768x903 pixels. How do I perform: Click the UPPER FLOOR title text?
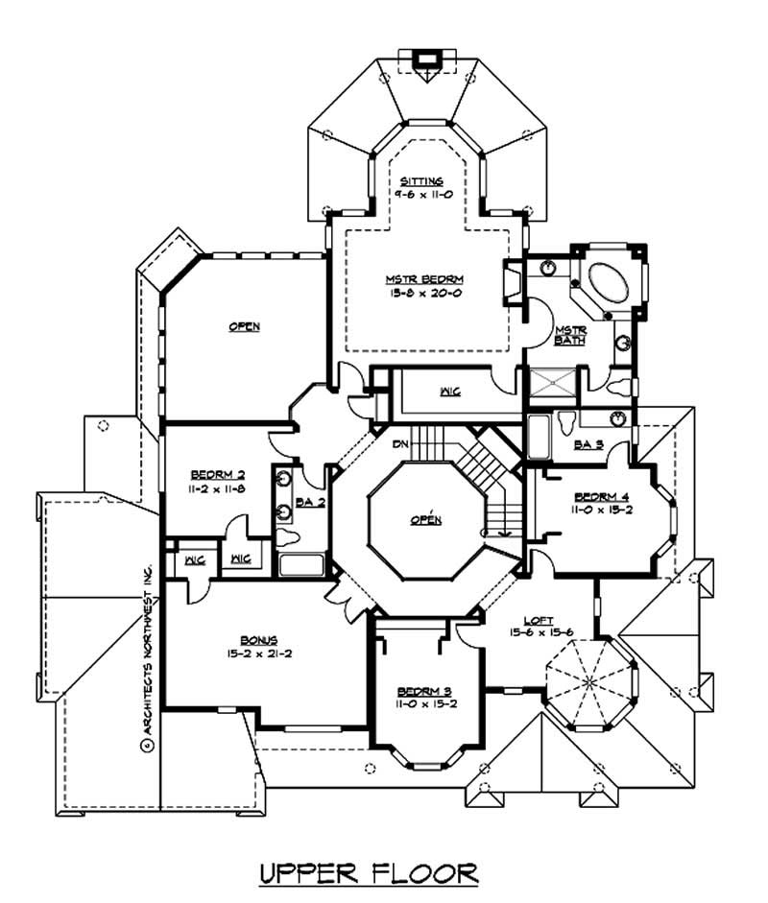pyautogui.click(x=370, y=873)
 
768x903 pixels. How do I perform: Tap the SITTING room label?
pyautogui.click(x=422, y=180)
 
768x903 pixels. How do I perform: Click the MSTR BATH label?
pyautogui.click(x=570, y=335)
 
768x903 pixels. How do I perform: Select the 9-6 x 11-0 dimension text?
pyautogui.click(x=422, y=193)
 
